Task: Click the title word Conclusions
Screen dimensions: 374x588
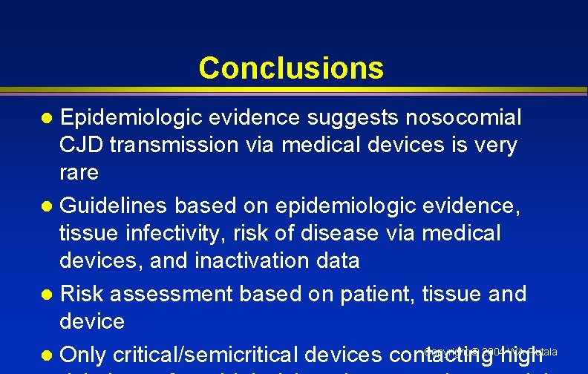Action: pyautogui.click(x=291, y=68)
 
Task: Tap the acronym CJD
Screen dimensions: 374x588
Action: pyautogui.click(x=82, y=145)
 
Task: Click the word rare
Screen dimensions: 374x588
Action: pyautogui.click(x=79, y=173)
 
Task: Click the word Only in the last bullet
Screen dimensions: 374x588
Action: pyautogui.click(x=83, y=355)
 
